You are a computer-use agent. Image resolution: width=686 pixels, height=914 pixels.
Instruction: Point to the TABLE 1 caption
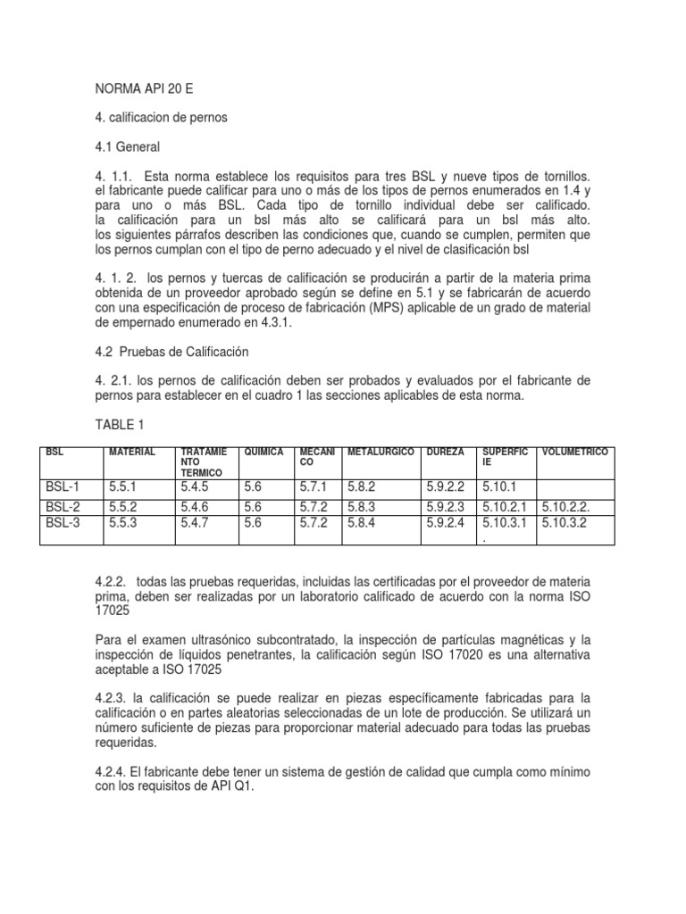(118, 426)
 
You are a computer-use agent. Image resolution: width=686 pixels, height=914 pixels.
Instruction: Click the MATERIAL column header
(131, 453)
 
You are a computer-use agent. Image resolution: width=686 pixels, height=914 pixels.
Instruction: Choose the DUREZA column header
(446, 453)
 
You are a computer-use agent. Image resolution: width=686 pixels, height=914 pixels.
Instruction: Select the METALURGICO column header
(380, 453)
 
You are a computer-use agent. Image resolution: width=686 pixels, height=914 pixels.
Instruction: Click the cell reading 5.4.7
(197, 523)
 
